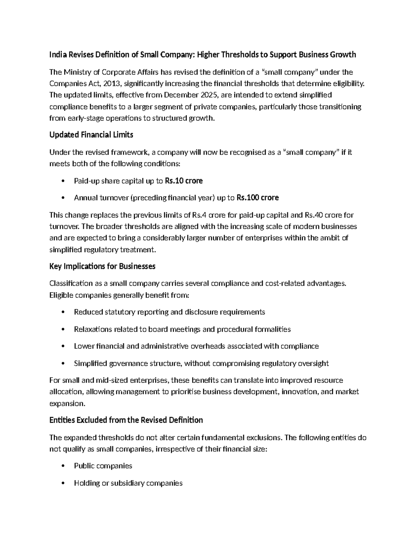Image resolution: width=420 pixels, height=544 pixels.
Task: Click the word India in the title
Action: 58,55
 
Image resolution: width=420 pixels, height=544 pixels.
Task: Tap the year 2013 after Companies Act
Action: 113,84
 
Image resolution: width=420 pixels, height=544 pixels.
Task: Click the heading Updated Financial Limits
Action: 91,135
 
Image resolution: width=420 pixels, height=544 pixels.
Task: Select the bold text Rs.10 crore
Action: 183,181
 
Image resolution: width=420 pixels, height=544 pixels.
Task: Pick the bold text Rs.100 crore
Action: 258,198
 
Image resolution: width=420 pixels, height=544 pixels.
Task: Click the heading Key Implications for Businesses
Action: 102,267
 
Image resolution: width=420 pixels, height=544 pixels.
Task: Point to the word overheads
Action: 208,346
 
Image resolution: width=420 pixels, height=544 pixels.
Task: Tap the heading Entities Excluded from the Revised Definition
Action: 126,420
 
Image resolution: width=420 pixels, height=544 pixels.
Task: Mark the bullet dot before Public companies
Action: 63,466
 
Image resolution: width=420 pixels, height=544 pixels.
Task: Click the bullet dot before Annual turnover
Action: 63,198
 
